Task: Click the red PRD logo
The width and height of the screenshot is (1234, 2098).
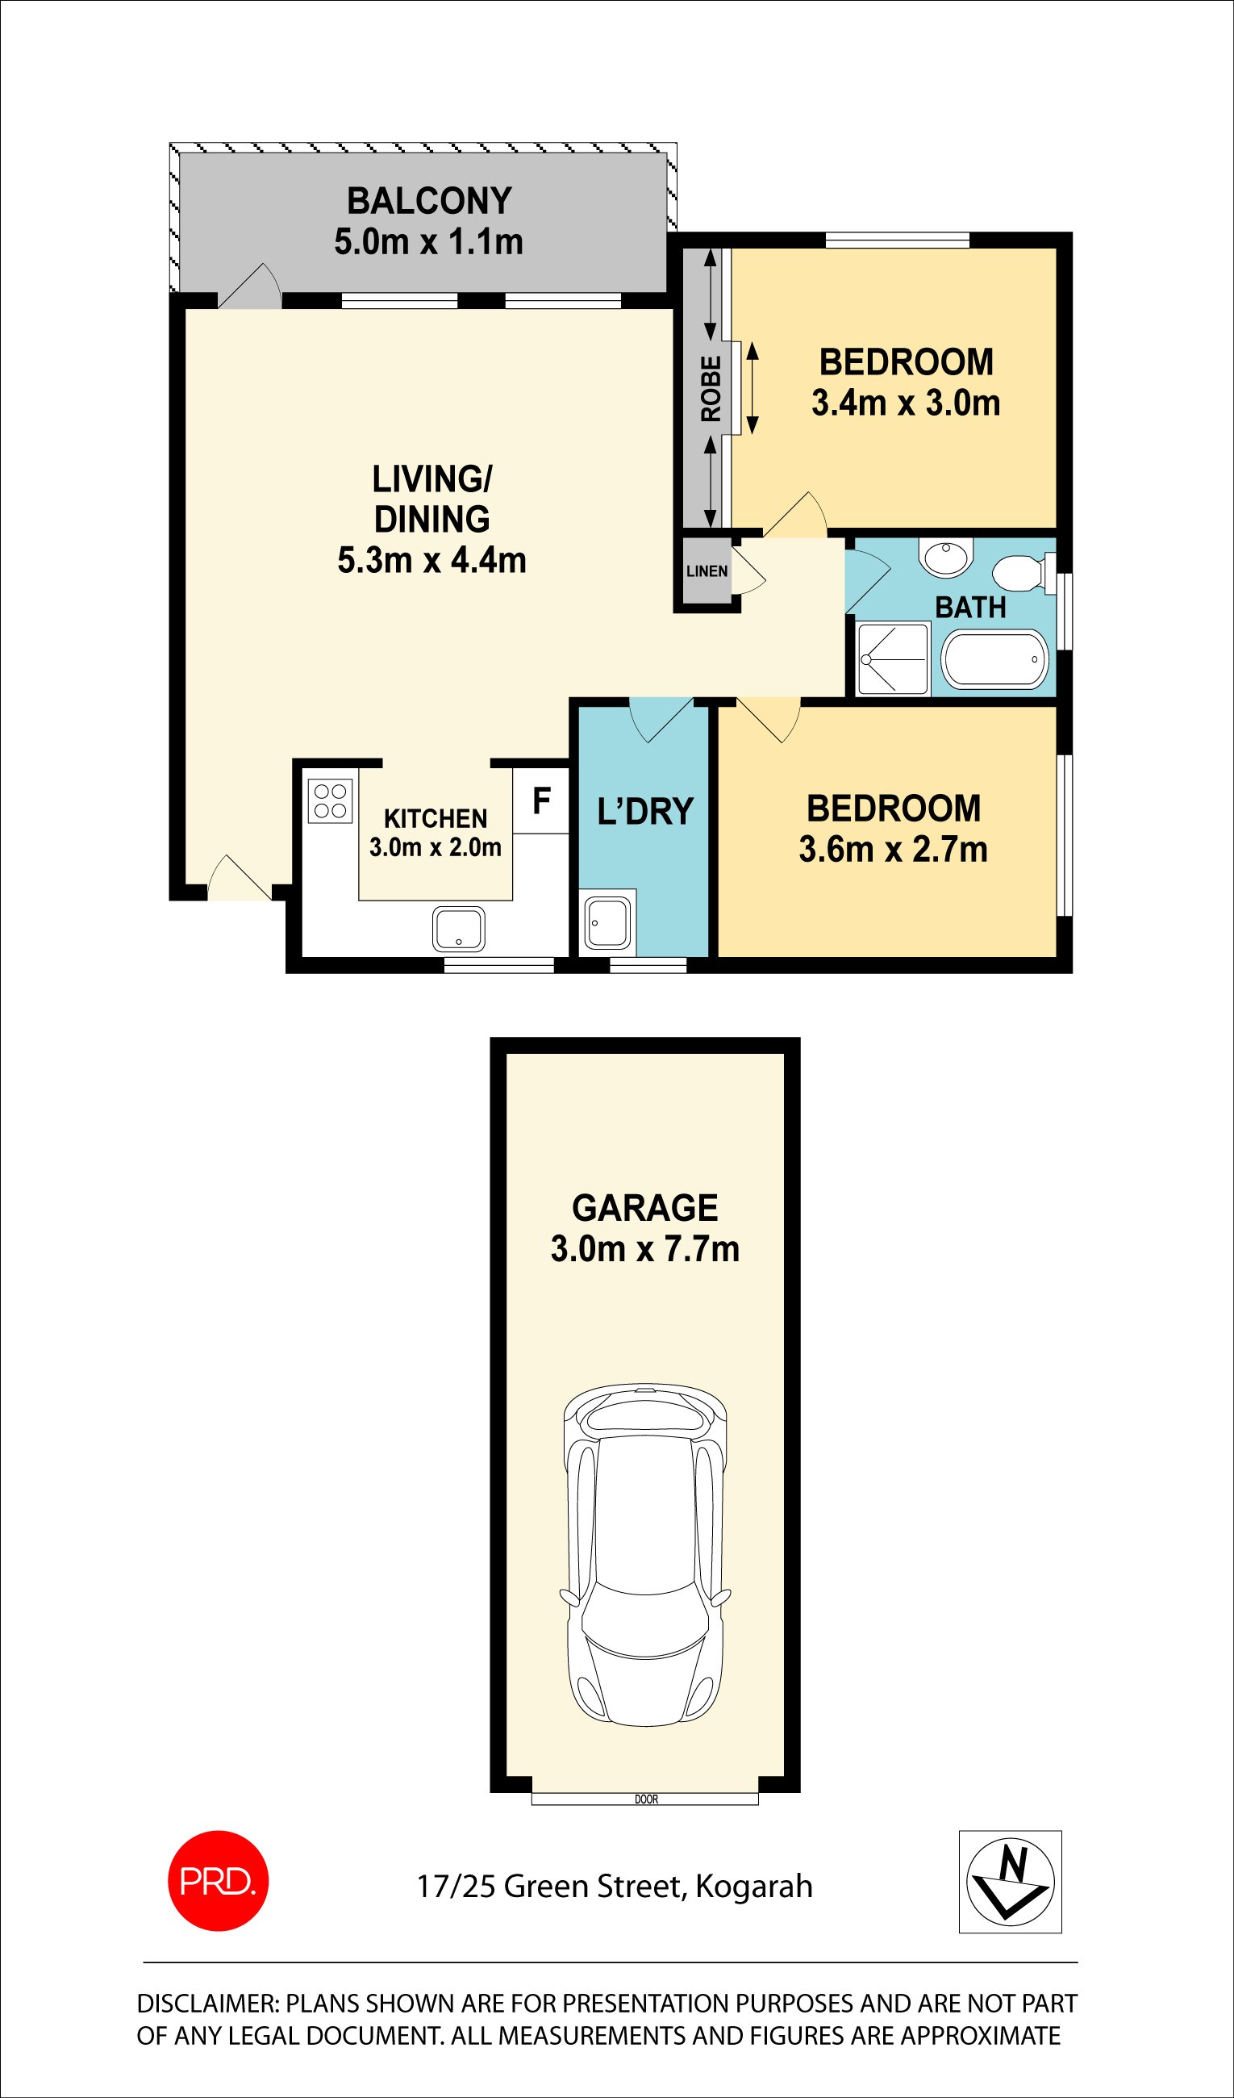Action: (218, 1881)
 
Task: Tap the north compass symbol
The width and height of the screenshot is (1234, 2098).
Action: (1010, 1882)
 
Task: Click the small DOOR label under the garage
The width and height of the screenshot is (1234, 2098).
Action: (646, 1799)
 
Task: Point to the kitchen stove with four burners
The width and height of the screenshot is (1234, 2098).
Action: (331, 800)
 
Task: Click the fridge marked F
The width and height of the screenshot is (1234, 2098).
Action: (541, 801)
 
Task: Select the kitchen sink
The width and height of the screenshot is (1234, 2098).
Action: (458, 929)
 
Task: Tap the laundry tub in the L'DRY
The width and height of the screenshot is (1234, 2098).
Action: (607, 922)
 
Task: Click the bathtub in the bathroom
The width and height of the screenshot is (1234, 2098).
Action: (994, 658)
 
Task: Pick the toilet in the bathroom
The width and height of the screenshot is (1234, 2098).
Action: (1019, 573)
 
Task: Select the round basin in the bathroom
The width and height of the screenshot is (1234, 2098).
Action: (946, 557)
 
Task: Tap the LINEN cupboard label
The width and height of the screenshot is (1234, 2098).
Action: (707, 571)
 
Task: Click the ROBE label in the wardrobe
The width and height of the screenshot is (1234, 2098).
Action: (711, 389)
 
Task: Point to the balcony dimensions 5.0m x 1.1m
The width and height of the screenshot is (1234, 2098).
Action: (428, 242)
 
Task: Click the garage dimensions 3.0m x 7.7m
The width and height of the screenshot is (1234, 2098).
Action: (645, 1249)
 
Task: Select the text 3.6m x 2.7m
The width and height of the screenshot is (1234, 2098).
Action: (893, 850)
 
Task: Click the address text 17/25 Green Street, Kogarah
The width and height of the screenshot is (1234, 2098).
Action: (614, 1886)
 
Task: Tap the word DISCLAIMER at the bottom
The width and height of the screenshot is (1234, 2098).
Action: (206, 2004)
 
